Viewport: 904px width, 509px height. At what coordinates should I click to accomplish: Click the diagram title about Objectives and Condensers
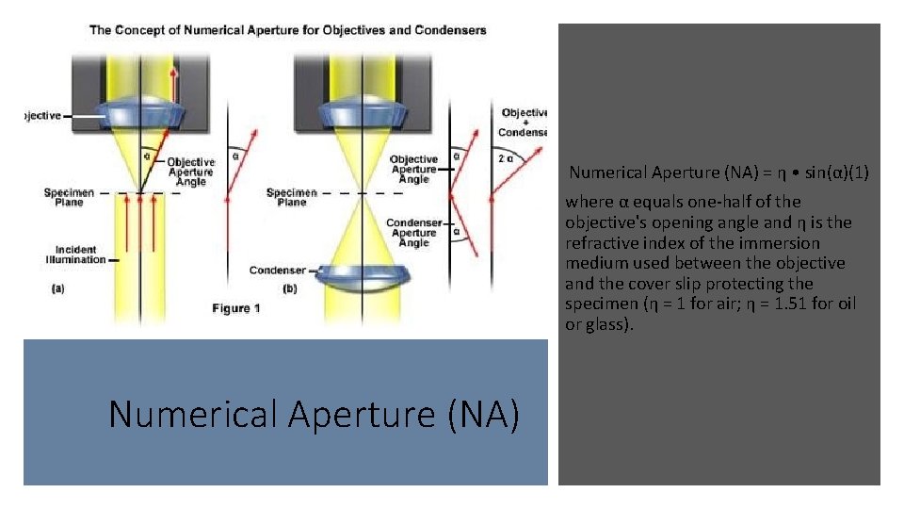(288, 30)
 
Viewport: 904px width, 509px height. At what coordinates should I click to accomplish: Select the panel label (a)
(58, 289)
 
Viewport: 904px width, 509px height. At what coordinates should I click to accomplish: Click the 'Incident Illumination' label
(75, 254)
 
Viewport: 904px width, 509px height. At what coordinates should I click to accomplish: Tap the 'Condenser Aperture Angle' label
(413, 233)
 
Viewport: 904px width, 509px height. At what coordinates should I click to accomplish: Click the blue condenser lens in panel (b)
(365, 276)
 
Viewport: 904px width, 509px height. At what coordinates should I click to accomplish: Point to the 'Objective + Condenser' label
(525, 123)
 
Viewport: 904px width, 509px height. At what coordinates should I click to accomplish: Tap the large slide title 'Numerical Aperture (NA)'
(314, 414)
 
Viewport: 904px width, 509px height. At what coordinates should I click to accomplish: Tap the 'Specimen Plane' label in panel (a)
(69, 197)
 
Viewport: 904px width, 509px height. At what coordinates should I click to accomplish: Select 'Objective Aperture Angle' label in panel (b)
(413, 169)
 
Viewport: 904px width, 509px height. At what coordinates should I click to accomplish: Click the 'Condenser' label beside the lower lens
(277, 271)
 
